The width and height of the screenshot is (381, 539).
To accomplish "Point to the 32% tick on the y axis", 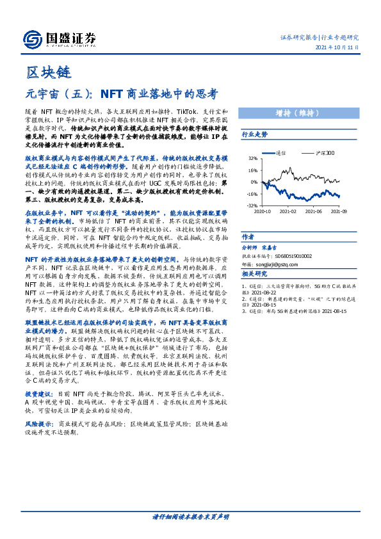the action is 252,158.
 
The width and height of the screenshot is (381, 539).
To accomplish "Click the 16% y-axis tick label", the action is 252,170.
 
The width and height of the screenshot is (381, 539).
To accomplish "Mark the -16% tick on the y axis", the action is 252,194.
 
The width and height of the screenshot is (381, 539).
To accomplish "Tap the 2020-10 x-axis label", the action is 263,210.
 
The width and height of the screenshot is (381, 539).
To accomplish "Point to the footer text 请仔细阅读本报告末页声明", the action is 190,517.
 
